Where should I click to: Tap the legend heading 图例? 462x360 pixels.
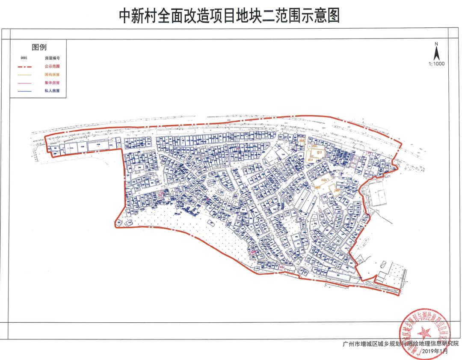pyautogui.click(x=39, y=47)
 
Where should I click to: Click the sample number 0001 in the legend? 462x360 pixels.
pyautogui.click(x=24, y=57)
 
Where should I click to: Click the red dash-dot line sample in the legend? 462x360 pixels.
pyautogui.click(x=27, y=66)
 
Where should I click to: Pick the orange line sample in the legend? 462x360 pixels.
pyautogui.click(x=27, y=74)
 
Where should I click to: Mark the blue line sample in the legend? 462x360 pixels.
pyautogui.click(x=27, y=91)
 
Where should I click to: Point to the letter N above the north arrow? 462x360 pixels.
pyautogui.click(x=436, y=44)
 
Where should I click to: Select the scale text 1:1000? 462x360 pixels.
pyautogui.click(x=436, y=64)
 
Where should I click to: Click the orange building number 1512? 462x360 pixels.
pyautogui.click(x=319, y=152)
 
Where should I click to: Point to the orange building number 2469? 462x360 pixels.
pyautogui.click(x=337, y=190)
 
